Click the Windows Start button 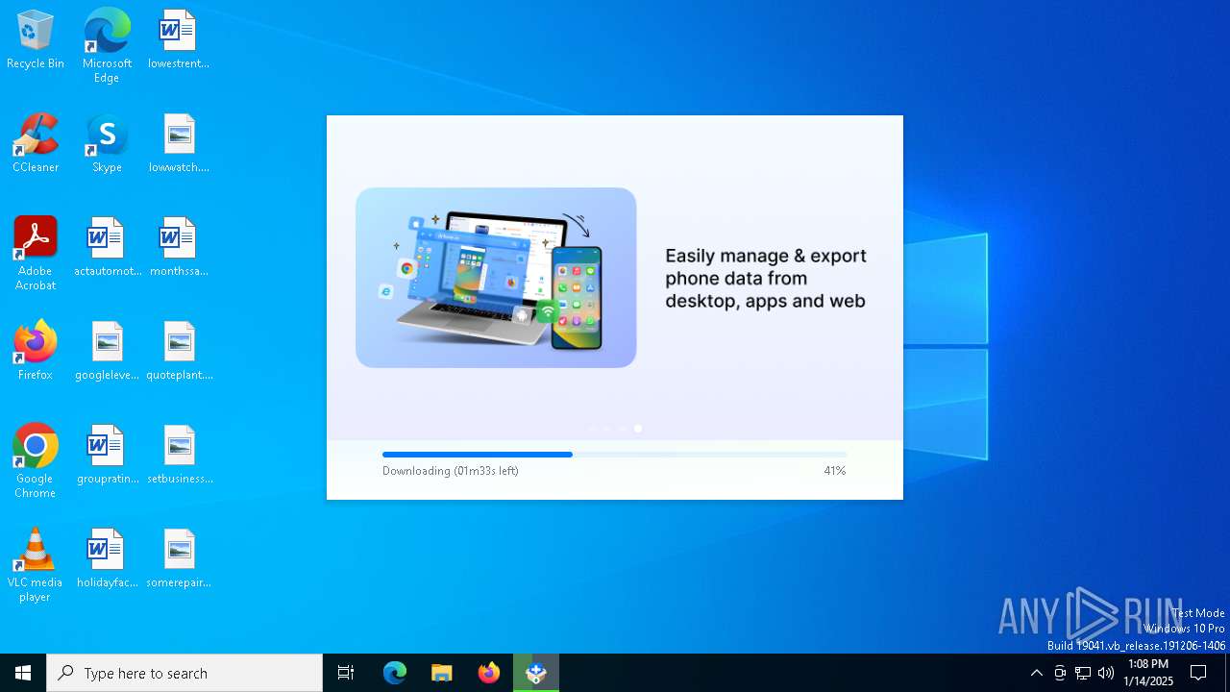click(x=23, y=673)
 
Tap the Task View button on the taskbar click(x=346, y=673)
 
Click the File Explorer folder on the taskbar click(x=442, y=673)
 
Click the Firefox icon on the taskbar click(x=489, y=673)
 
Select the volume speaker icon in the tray click(x=1106, y=673)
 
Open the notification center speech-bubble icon click(x=1198, y=673)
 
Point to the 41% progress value click(x=834, y=471)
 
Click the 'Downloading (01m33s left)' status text click(x=450, y=471)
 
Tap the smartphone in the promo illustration click(x=577, y=298)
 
